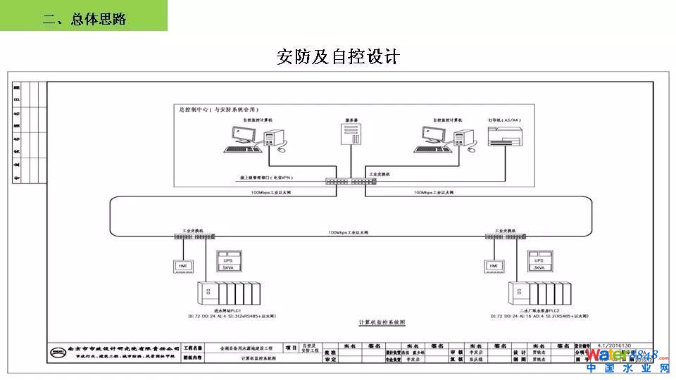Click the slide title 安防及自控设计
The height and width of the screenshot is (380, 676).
338,57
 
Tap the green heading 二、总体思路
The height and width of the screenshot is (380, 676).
84,19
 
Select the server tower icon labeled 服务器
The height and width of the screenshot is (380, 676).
351,134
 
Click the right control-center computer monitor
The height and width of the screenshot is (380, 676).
434,134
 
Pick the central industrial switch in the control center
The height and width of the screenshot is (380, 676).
351,181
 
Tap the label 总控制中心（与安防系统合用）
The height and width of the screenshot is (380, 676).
219,110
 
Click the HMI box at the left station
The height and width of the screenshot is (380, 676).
184,265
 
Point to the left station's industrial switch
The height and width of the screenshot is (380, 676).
194,236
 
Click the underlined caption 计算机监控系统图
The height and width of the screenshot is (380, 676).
382,322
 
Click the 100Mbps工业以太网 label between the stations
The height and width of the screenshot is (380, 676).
348,232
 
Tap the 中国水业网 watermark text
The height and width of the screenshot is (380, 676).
627,369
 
